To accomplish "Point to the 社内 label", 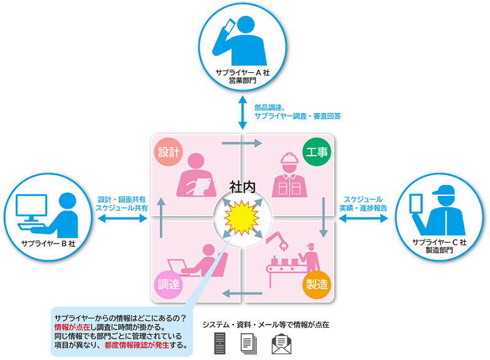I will (x=242, y=186).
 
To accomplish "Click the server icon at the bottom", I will (x=220, y=343).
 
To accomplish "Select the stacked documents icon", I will (x=249, y=343).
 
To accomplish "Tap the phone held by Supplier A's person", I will (x=228, y=26).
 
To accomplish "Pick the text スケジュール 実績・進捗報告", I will (x=363, y=204).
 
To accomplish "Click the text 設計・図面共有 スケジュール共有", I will (x=121, y=204).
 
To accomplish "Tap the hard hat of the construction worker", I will (x=289, y=159).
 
